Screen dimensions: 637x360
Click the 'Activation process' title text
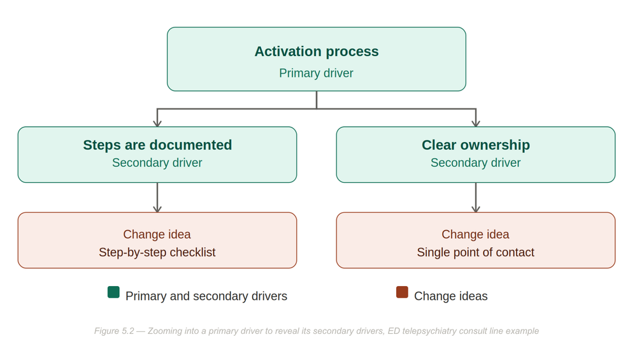coord(317,52)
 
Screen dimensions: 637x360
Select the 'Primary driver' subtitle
coord(316,73)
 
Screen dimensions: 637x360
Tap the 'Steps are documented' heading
coord(157,145)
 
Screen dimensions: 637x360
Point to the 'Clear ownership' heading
coord(476,145)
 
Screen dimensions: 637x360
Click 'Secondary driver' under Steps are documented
coord(157,162)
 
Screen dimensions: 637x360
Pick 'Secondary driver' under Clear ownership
coord(476,162)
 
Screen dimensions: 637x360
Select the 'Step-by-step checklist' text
coord(157,252)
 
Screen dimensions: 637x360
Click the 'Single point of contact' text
coord(476,252)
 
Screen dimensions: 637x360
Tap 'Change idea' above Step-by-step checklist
coord(157,234)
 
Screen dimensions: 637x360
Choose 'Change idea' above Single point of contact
coord(476,234)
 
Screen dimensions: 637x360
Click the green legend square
coord(114,292)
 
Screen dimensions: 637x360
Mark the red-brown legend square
coord(402,292)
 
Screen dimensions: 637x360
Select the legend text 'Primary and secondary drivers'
coord(206,296)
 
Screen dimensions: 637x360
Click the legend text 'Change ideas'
coord(451,296)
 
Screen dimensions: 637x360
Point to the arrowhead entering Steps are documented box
coord(157,124)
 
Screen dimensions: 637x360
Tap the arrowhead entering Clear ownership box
coord(476,124)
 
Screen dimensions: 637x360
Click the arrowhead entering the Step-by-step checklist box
coord(157,209)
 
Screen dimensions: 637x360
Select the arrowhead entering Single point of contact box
coord(476,209)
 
